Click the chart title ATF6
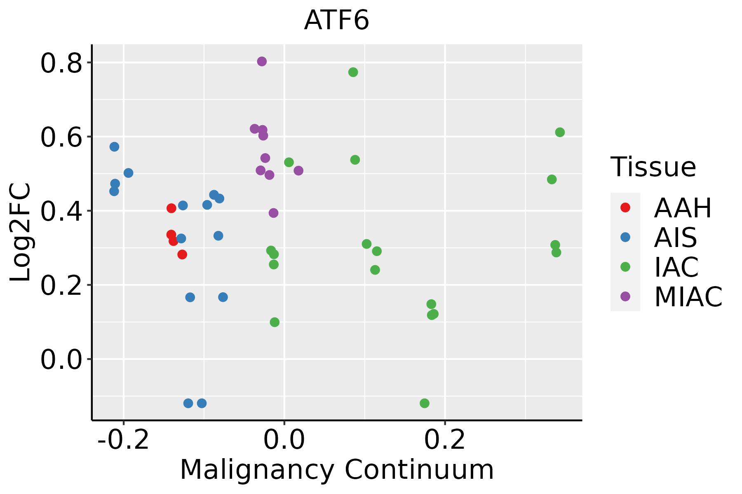(x=336, y=21)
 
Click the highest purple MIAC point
(x=262, y=61)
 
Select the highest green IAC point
(x=353, y=72)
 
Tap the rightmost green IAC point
(x=560, y=132)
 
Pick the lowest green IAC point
(x=425, y=403)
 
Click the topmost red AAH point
(x=171, y=208)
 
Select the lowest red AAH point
(x=182, y=254)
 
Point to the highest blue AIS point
(x=115, y=147)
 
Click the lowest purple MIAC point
(x=273, y=213)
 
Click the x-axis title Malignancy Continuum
(x=337, y=470)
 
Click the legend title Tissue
(x=653, y=168)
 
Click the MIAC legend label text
(x=688, y=296)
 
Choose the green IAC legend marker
(x=625, y=267)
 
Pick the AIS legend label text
(x=676, y=238)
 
